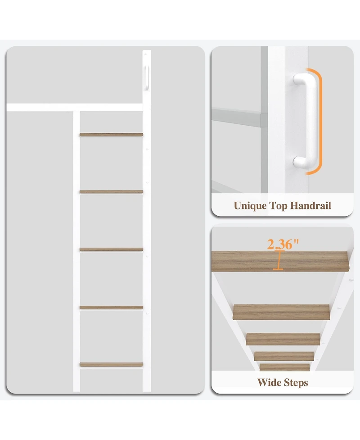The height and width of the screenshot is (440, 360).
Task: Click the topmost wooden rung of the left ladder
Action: pyautogui.click(x=111, y=135)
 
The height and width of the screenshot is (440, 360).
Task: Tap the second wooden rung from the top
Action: pyautogui.click(x=111, y=192)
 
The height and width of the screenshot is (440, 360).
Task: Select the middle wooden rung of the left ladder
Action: pyautogui.click(x=111, y=249)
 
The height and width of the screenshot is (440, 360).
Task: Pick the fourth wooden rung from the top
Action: pyautogui.click(x=111, y=308)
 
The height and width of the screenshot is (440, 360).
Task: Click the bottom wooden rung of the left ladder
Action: pyautogui.click(x=111, y=364)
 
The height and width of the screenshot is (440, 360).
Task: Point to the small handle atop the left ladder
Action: pyautogui.click(x=147, y=78)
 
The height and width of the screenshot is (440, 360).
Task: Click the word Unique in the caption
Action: pyautogui.click(x=250, y=206)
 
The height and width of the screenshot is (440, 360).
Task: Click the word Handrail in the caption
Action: pyautogui.click(x=310, y=205)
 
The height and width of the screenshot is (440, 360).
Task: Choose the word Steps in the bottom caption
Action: pyautogui.click(x=295, y=383)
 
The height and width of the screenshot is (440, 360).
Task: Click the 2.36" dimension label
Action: pyautogui.click(x=283, y=244)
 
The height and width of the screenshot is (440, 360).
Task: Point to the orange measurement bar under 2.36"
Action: pyautogui.click(x=278, y=260)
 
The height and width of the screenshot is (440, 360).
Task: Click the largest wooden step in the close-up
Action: pyautogui.click(x=280, y=261)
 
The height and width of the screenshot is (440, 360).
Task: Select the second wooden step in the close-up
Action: pyautogui.click(x=281, y=312)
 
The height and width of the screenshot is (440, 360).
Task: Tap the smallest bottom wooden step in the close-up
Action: pyautogui.click(x=284, y=367)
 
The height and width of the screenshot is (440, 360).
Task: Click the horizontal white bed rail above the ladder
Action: pyautogui.click(x=75, y=108)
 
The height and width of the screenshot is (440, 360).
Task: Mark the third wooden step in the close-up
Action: pyautogui.click(x=283, y=339)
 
